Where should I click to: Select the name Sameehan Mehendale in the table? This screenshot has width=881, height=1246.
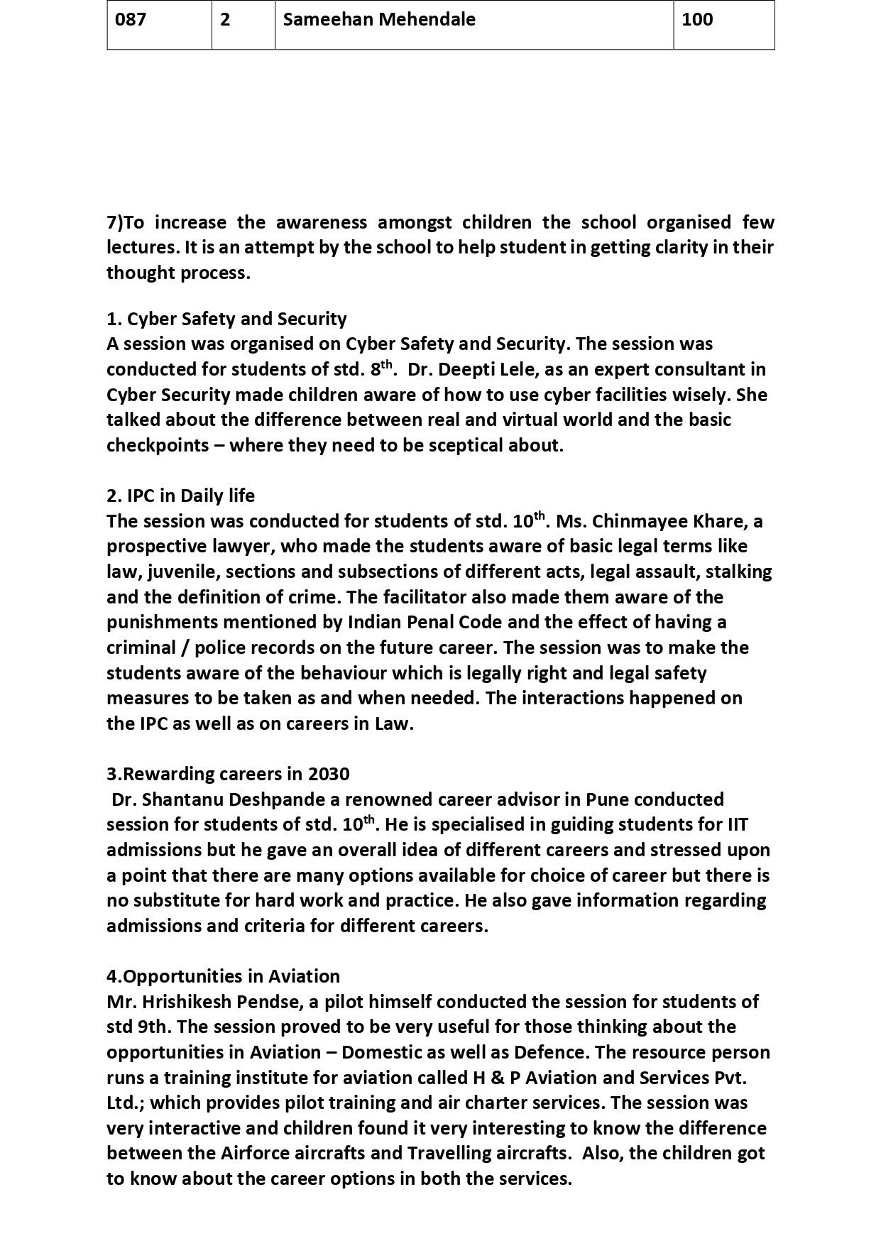tap(379, 20)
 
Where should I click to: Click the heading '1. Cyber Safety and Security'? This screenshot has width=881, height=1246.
tap(226, 319)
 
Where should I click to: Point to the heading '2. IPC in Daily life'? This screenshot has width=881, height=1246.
tap(180, 496)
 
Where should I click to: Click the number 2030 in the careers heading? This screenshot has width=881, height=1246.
tap(329, 774)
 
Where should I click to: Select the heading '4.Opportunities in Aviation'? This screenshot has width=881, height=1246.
tap(223, 976)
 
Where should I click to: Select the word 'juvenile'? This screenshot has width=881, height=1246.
tap(180, 572)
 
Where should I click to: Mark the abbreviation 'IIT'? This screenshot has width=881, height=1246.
tap(738, 825)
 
